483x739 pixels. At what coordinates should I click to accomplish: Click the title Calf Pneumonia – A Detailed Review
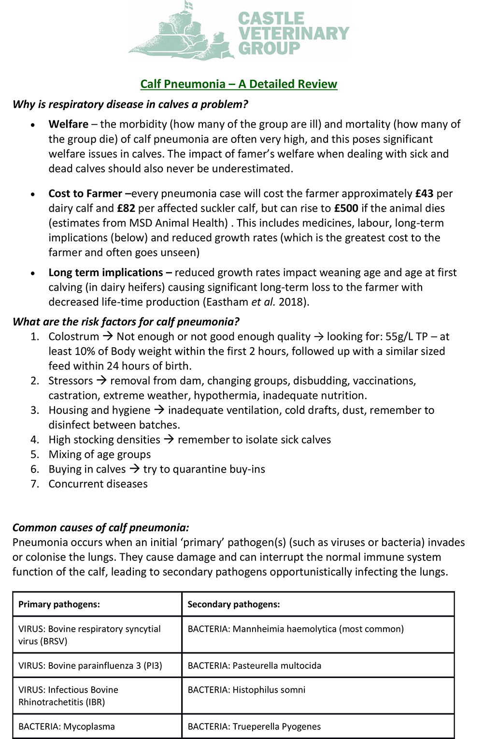click(x=239, y=84)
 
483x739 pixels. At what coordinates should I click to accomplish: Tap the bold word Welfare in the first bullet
click(x=68, y=124)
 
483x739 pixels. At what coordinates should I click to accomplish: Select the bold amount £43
click(x=424, y=193)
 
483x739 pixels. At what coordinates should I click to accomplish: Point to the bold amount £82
click(x=126, y=208)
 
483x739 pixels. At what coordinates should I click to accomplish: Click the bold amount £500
click(x=346, y=208)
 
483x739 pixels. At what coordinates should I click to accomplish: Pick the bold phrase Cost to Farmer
click(x=85, y=193)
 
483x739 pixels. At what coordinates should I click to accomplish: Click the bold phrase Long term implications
click(x=105, y=272)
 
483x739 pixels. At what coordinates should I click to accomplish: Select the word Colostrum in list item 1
click(x=73, y=337)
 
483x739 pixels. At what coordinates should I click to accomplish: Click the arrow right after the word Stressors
click(x=101, y=381)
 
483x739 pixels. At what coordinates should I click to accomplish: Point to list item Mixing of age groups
click(x=99, y=455)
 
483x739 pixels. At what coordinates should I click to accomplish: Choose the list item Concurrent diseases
click(x=98, y=484)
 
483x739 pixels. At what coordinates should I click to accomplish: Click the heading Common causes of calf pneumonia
click(x=100, y=528)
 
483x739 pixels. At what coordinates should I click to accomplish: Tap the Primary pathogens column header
click(x=59, y=604)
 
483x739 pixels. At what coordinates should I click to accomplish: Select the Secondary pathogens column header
click(x=233, y=604)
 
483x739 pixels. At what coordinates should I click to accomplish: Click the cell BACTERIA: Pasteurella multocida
click(x=254, y=665)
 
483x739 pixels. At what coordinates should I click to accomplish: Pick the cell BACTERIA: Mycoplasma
click(x=67, y=726)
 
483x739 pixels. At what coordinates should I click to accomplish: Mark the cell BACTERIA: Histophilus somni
click(x=246, y=690)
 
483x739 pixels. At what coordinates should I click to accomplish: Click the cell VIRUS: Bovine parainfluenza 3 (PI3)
click(x=90, y=665)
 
